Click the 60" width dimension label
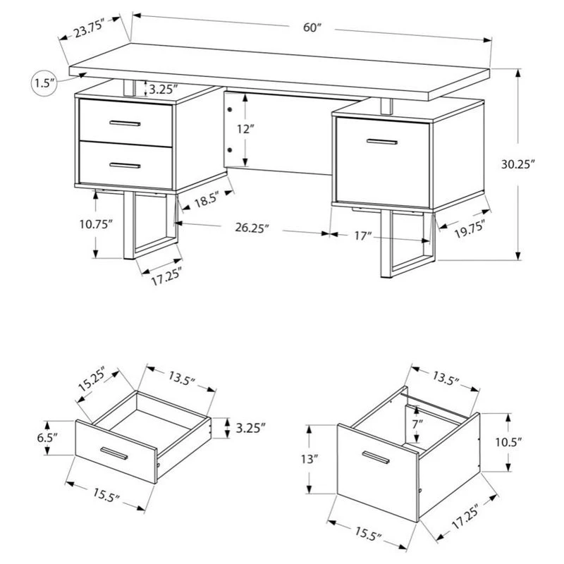312,27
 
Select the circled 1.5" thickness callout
44,83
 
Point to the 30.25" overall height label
518,164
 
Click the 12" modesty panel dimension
245,129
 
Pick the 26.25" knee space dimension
252,228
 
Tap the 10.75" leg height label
96,224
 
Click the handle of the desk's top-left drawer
125,123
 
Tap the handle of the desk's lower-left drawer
125,166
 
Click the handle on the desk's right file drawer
382,142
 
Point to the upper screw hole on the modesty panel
231,109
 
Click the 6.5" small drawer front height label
47,438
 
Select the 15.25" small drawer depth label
92,380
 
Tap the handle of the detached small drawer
114,453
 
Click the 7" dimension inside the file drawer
417,424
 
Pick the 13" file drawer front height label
309,459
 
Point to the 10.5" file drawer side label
508,442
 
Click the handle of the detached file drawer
376,457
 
